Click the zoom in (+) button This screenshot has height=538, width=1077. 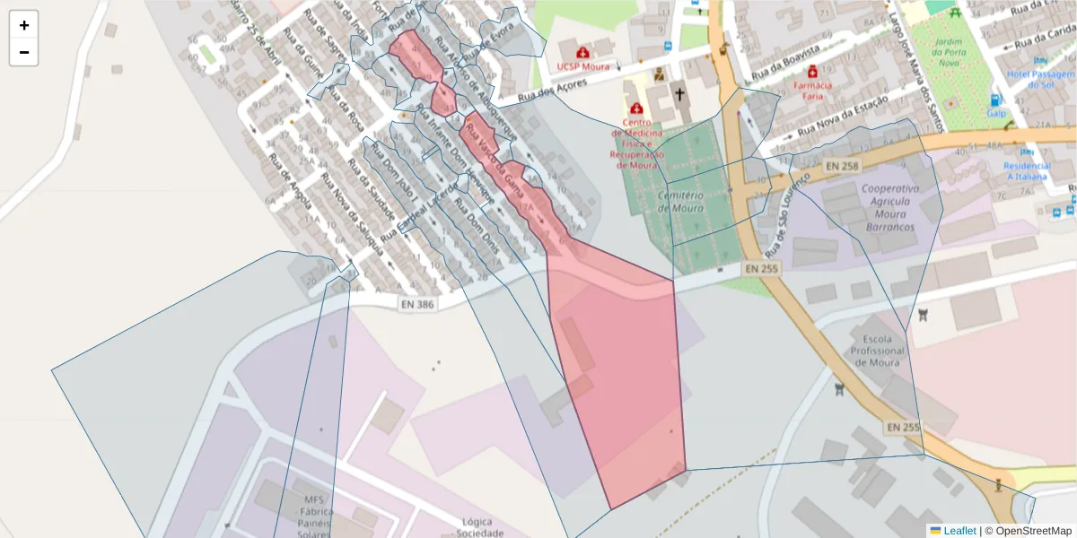pyautogui.click(x=24, y=25)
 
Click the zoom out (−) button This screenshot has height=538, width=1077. pyautogui.click(x=24, y=52)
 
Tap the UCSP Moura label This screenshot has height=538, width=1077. pyautogui.click(x=582, y=66)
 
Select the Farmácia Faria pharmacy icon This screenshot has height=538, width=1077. pyautogui.click(x=812, y=71)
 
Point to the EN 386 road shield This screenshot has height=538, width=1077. pyautogui.click(x=416, y=305)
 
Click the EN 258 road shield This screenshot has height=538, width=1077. pyautogui.click(x=841, y=166)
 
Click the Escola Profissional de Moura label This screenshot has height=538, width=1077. pyautogui.click(x=878, y=358)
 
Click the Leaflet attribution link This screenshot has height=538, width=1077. pyautogui.click(x=959, y=531)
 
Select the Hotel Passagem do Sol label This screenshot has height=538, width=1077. pyautogui.click(x=1041, y=79)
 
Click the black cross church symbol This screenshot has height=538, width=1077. pyautogui.click(x=679, y=93)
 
